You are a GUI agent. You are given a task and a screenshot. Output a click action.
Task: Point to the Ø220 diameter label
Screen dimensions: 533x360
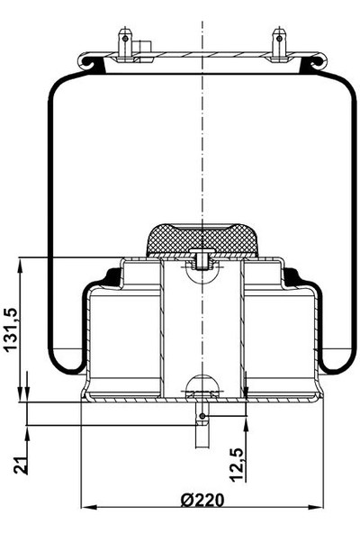(x=202, y=501)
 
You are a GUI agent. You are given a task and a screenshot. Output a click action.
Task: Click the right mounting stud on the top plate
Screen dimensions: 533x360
(x=279, y=43)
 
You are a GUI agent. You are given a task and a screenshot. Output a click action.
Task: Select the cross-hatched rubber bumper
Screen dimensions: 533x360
(x=202, y=236)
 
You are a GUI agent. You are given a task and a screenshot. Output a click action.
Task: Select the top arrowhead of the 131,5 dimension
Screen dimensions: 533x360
(x=20, y=264)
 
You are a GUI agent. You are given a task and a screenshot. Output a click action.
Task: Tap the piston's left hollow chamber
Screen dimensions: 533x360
(x=124, y=338)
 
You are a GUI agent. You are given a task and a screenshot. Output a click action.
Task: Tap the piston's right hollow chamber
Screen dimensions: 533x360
(x=279, y=338)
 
